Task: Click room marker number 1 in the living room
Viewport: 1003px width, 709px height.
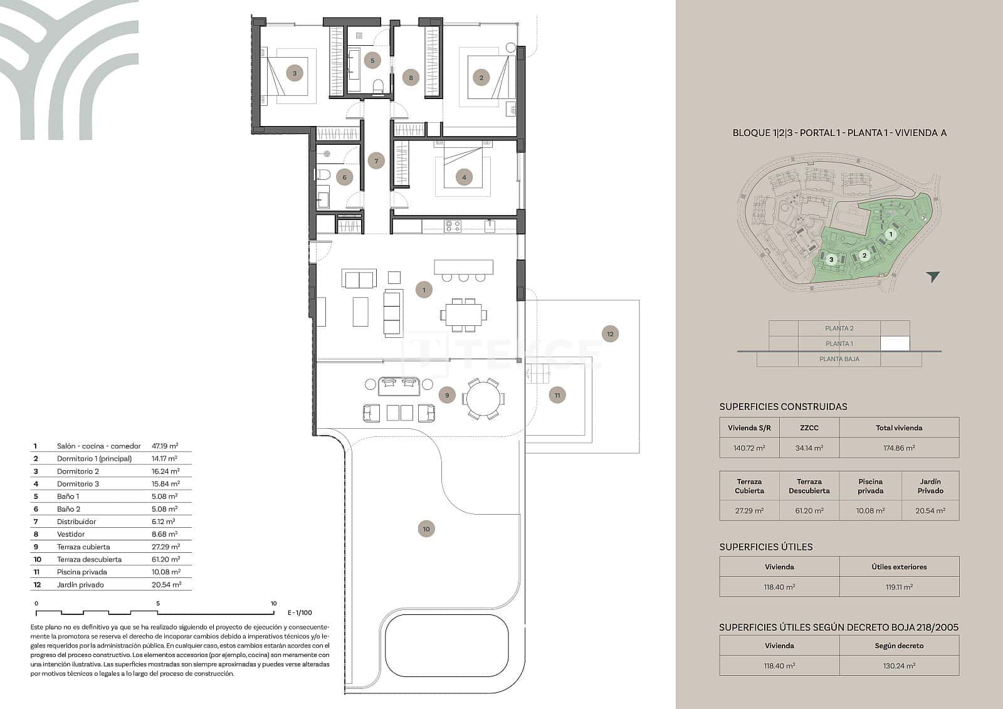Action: [424, 290]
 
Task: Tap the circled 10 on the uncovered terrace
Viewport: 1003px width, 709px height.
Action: [426, 529]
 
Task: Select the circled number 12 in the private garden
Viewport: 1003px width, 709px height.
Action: [610, 334]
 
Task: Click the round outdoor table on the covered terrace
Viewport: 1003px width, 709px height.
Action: [482, 399]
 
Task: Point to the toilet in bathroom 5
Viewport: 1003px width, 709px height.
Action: [378, 87]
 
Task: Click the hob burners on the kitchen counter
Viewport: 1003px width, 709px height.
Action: [453, 226]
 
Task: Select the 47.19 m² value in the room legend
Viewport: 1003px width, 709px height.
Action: [165, 446]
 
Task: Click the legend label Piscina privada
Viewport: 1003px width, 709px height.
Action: [81, 572]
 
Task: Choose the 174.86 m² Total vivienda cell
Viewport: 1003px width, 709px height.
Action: [899, 448]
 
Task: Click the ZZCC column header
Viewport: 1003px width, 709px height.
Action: [809, 428]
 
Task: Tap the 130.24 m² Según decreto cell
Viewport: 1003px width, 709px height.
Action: [899, 666]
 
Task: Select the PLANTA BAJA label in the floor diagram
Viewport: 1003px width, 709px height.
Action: [839, 359]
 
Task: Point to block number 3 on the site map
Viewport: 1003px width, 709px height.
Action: [831, 259]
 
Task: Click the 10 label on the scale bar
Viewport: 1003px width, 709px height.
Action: [273, 604]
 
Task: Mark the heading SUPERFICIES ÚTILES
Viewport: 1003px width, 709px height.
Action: [765, 547]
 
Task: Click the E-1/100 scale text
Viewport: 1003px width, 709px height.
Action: [300, 612]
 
